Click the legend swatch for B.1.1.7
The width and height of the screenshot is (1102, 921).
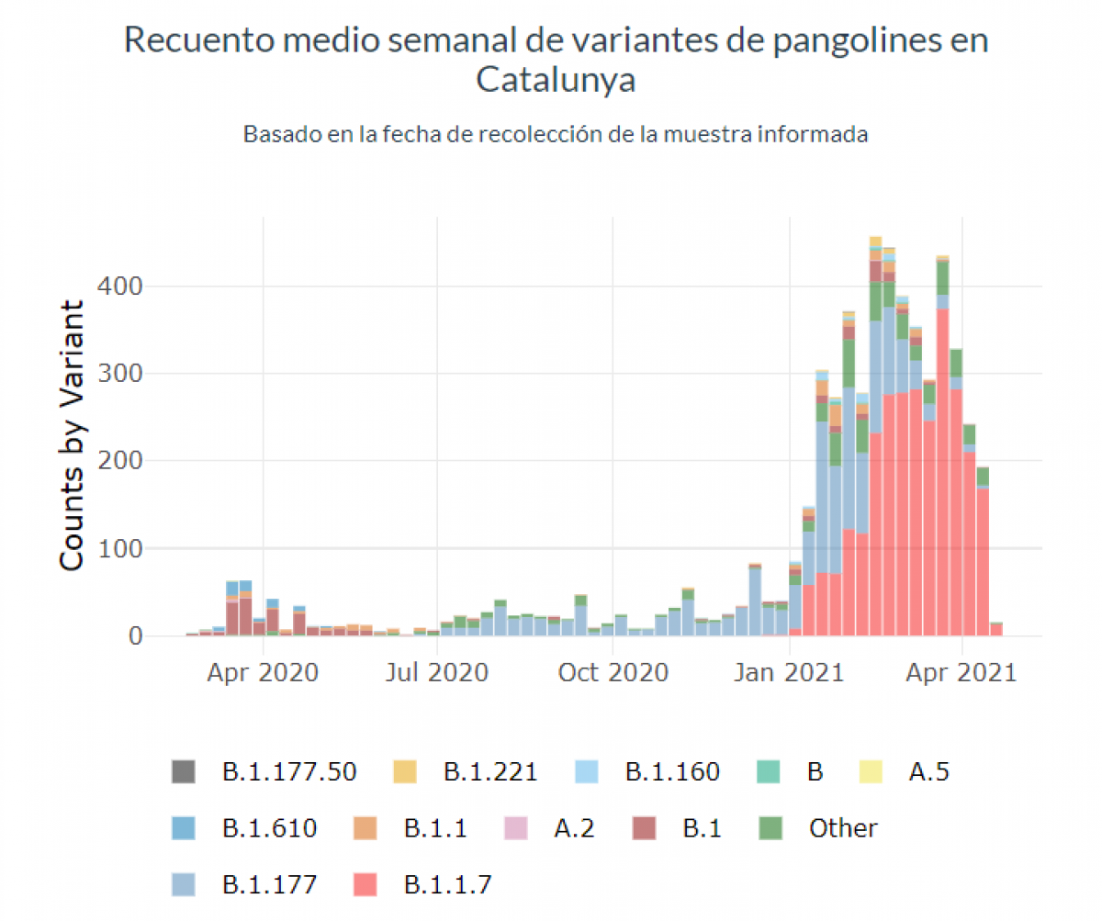point(365,885)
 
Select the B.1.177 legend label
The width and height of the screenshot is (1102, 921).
point(270,885)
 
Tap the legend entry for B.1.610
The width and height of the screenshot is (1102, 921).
point(270,828)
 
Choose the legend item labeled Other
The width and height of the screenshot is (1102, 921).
point(843,828)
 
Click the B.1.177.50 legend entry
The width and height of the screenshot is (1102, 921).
point(289,771)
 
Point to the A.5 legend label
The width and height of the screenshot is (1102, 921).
point(928,771)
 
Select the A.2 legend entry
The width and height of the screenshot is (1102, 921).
point(574,828)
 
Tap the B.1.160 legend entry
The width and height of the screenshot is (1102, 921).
point(672,771)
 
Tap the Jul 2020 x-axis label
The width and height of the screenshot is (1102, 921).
point(438,672)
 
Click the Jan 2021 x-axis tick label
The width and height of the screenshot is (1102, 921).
point(789,672)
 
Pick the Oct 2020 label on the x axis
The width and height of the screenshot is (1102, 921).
point(613,672)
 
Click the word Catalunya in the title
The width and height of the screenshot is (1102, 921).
point(556,81)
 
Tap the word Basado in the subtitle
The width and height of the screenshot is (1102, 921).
point(281,134)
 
